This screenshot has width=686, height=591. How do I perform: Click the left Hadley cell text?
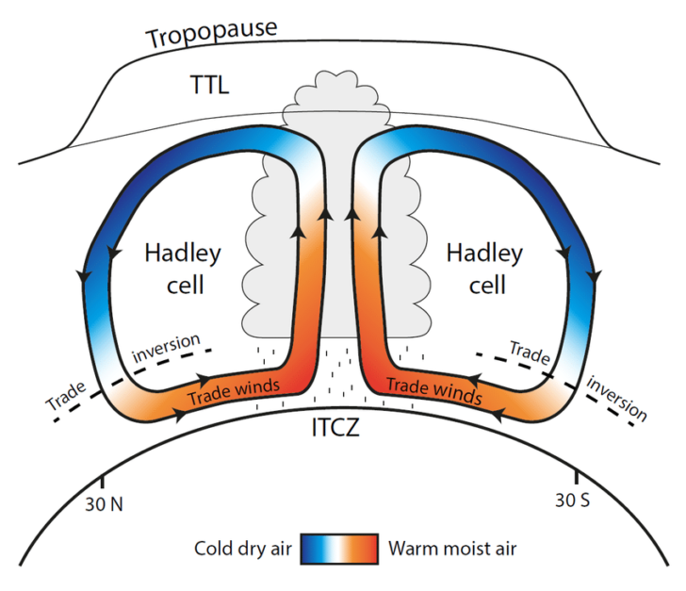pos(183,268)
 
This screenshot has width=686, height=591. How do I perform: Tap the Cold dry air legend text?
pos(245,549)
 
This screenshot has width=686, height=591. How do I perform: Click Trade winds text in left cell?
pos(232,390)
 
